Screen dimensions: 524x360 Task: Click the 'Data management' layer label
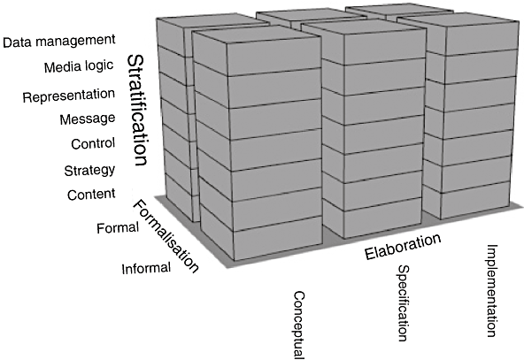(x=59, y=41)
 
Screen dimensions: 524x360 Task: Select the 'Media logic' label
(x=79, y=66)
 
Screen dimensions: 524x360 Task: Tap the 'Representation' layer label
(x=69, y=96)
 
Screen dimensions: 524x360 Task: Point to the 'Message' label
(x=88, y=119)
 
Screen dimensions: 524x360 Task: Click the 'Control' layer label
(x=93, y=143)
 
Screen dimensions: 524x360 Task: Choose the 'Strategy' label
(x=89, y=171)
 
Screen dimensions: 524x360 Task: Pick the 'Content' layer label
(x=91, y=195)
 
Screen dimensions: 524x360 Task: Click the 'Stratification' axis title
(x=137, y=111)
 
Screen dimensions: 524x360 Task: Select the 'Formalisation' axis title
(x=166, y=236)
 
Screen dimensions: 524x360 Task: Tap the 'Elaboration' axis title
(x=403, y=247)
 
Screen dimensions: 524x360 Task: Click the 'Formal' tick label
(x=118, y=228)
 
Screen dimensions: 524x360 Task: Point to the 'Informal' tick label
(x=146, y=269)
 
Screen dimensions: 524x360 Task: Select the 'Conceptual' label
(x=299, y=325)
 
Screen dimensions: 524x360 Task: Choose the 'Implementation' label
(x=490, y=291)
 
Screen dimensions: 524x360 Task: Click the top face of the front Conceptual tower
(x=257, y=34)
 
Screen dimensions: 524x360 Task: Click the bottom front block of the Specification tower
(x=382, y=218)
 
